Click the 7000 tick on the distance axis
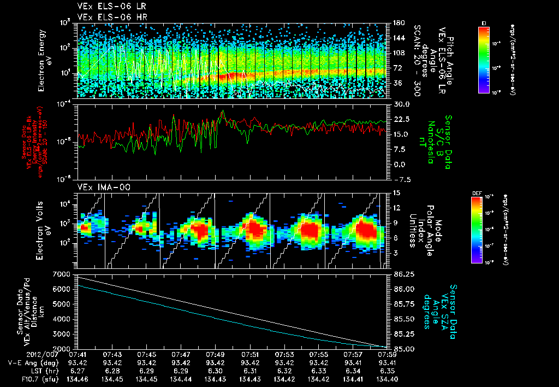(x=63, y=273)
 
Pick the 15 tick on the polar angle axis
(x=395, y=192)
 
